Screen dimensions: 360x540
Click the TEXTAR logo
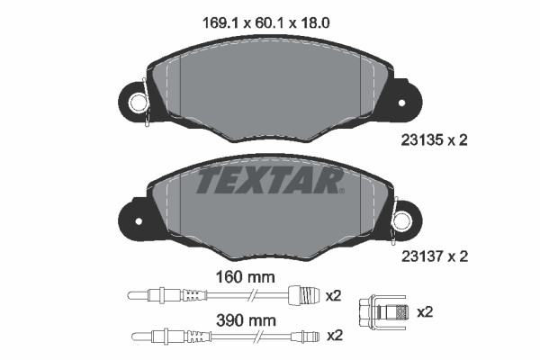pos(269,181)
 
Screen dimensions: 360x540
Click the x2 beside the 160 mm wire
pos(334,294)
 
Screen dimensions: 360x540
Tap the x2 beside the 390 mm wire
pos(334,336)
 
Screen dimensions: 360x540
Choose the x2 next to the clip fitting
pos(425,311)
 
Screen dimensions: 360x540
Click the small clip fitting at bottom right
pos(382,311)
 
